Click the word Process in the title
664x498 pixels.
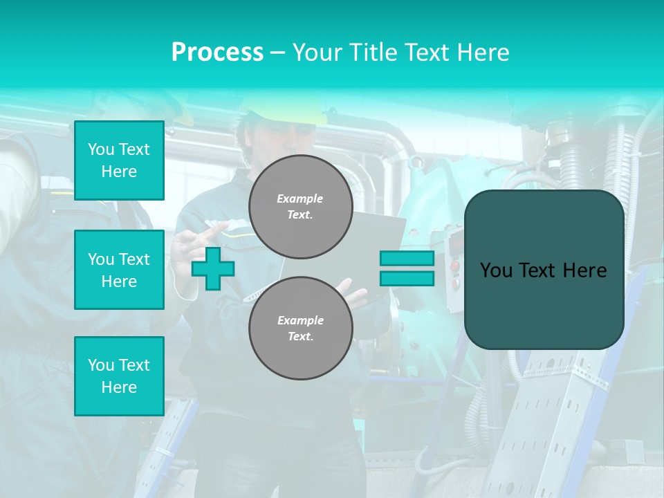[217, 53]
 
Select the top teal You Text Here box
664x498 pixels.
[119, 160]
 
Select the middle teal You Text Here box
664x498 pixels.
[119, 270]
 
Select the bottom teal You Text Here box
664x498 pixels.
[119, 376]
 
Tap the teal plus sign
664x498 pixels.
[213, 268]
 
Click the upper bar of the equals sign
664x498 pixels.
[407, 258]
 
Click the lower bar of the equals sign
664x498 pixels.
[407, 279]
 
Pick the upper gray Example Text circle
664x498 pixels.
[300, 207]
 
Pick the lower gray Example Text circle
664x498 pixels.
[300, 328]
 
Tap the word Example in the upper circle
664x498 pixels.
[299, 199]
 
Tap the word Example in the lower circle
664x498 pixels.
[300, 320]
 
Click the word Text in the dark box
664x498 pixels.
[537, 270]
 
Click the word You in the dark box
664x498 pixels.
[496, 270]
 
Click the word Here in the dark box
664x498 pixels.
[586, 270]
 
